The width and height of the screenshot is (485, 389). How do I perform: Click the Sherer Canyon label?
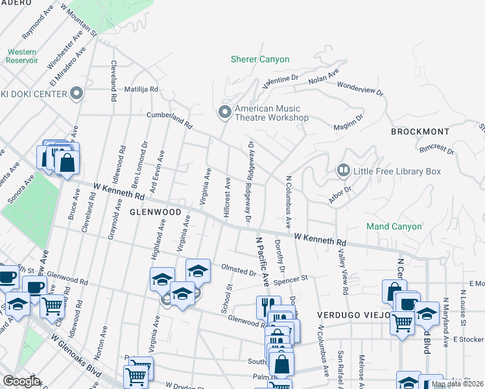260,60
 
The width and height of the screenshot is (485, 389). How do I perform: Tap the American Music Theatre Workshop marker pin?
225,113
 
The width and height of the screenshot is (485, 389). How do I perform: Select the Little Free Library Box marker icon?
344,171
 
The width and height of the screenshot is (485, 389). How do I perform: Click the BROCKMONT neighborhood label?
420,132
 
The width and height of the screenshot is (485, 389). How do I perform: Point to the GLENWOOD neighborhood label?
155,212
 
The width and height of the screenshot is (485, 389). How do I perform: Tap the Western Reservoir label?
22,56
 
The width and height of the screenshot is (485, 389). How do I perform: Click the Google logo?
21,381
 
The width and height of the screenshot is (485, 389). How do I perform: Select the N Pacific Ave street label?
261,261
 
